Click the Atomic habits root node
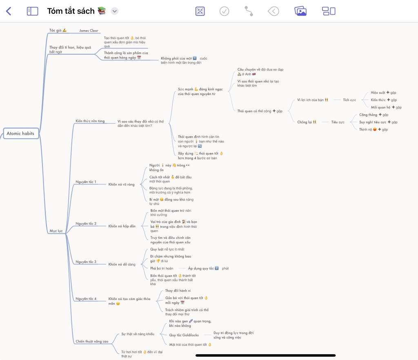click(x=20, y=133)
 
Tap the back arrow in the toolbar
click(x=9, y=11)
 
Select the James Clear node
click(x=89, y=31)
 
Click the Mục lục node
click(x=56, y=231)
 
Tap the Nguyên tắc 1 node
click(x=86, y=182)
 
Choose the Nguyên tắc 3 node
click(x=86, y=262)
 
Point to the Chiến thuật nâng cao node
click(x=92, y=341)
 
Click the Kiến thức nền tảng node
click(x=90, y=121)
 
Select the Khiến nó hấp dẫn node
click(x=122, y=226)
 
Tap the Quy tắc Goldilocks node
click(x=184, y=335)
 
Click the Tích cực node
click(x=349, y=100)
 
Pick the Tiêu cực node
click(x=338, y=122)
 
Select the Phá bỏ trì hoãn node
click(x=162, y=268)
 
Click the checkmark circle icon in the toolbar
click(x=225, y=11)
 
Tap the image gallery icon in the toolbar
click(x=300, y=11)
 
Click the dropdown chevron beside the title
click(x=115, y=11)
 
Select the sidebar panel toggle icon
click(x=32, y=11)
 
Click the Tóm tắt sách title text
click(x=71, y=11)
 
